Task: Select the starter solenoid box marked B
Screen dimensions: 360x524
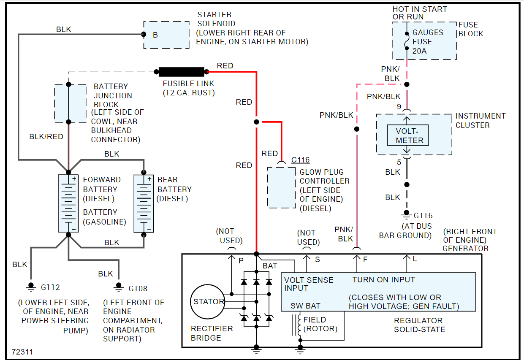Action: click(x=166, y=35)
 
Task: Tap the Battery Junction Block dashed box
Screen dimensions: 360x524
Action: click(x=70, y=103)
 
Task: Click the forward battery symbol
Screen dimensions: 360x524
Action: click(x=69, y=203)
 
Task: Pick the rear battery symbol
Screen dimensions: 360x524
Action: click(x=144, y=203)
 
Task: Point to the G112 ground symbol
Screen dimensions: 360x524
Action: click(x=30, y=287)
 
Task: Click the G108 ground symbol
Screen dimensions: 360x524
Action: click(x=119, y=287)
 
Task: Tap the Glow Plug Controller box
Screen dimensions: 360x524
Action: click(x=282, y=187)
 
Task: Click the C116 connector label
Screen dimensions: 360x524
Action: click(x=300, y=160)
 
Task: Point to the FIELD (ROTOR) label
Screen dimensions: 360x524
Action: click(x=320, y=325)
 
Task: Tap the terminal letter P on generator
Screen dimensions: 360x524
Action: click(x=241, y=261)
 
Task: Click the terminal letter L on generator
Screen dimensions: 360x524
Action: click(x=415, y=259)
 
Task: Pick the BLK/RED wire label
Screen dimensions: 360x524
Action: click(x=46, y=137)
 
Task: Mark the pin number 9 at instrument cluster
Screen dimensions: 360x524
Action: click(x=399, y=107)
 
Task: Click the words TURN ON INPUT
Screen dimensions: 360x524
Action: click(x=383, y=280)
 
